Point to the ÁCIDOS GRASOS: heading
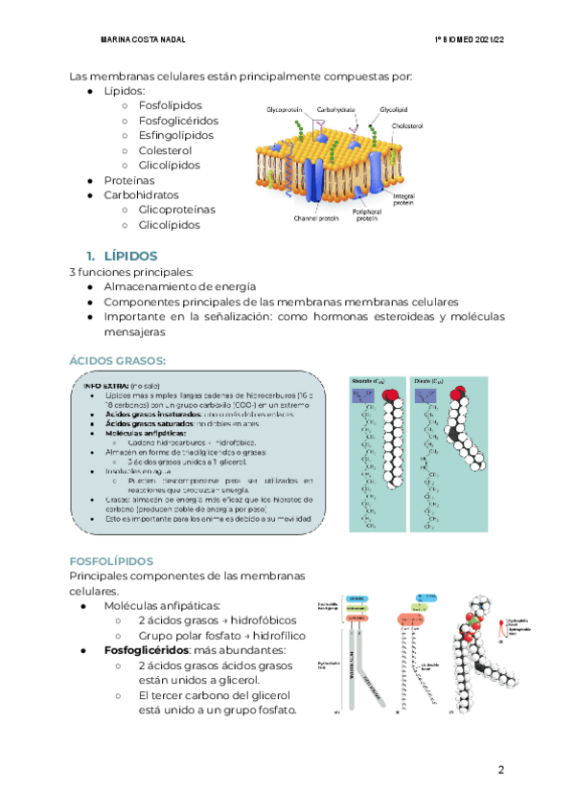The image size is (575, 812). click(118, 360)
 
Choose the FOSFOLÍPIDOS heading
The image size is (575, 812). click(112, 560)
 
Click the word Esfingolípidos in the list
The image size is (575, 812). click(179, 136)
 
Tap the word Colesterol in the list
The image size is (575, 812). click(165, 150)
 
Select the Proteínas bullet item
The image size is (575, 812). click(129, 180)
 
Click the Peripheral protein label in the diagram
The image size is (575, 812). click(366, 215)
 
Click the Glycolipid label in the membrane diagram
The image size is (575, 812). click(395, 110)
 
